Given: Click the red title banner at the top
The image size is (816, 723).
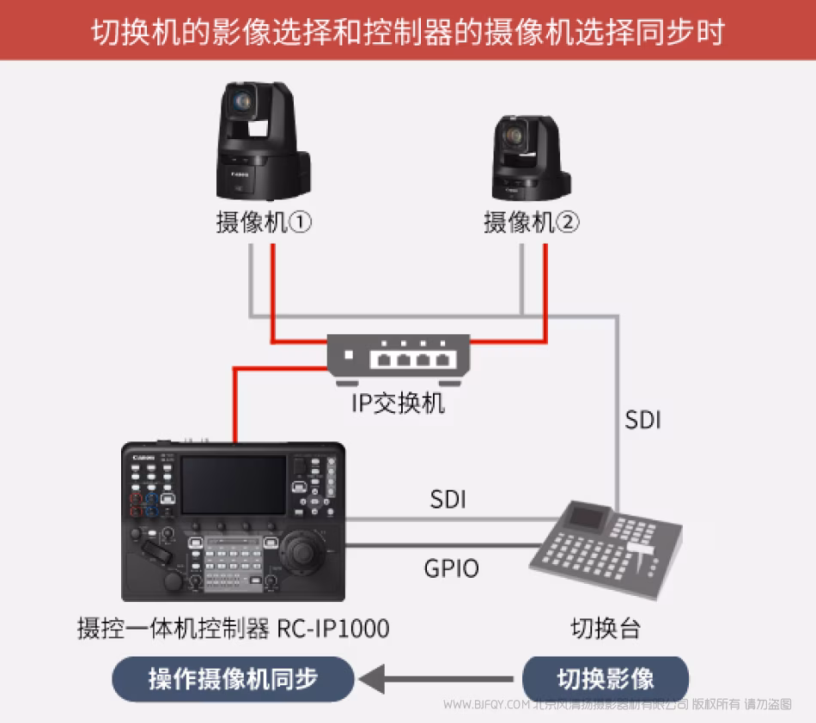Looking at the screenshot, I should [408, 31].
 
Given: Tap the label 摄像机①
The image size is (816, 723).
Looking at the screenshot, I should [263, 223].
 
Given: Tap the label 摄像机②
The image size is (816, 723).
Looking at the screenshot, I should [532, 223].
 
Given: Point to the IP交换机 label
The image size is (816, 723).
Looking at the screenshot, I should [399, 402].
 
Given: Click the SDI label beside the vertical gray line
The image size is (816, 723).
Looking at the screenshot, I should [642, 421].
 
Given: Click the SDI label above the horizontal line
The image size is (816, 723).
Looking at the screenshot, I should [448, 499].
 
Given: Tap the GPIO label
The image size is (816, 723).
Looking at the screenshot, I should [451, 568].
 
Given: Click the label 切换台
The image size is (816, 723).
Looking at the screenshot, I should [606, 629].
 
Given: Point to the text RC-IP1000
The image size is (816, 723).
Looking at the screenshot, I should [332, 629].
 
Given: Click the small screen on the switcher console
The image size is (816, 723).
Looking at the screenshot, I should [588, 517].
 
